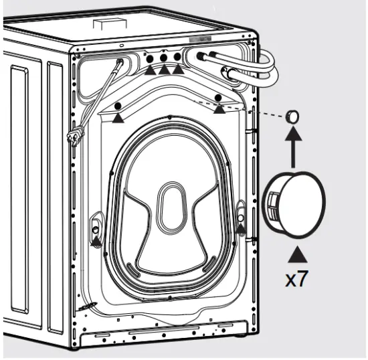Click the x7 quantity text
(297, 278)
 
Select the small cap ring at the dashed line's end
(292, 115)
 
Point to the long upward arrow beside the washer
(292, 149)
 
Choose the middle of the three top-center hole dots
(164, 58)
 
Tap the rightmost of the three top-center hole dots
(177, 58)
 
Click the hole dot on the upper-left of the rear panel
(118, 106)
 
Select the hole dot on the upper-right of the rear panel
(219, 98)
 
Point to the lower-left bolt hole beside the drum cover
(96, 221)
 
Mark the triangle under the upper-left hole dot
(118, 118)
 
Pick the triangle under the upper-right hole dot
(219, 109)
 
